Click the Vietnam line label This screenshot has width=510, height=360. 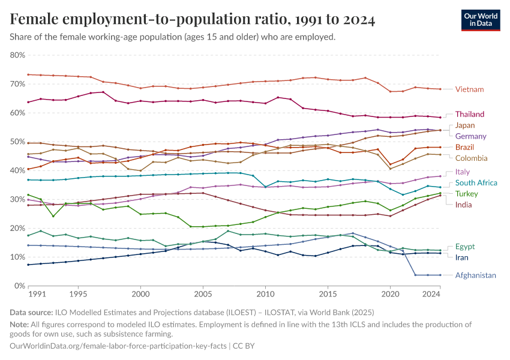(x=469, y=89)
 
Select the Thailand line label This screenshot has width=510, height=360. (x=470, y=114)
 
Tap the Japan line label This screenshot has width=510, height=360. (x=465, y=125)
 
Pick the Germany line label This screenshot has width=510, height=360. (x=470, y=136)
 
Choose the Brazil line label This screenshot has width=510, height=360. (x=466, y=147)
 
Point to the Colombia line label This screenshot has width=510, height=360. (x=471, y=158)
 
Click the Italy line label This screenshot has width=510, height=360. (x=463, y=172)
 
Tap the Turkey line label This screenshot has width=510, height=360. (x=467, y=194)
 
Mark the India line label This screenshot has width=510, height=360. (x=464, y=205)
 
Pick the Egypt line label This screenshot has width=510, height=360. (x=465, y=247)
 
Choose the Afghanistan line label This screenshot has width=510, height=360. (x=476, y=275)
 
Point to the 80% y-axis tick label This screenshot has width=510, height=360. (x=17, y=55)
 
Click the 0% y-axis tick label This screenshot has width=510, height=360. (x=20, y=286)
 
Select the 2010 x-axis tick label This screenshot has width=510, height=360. (x=265, y=295)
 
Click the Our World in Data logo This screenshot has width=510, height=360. (x=481, y=20)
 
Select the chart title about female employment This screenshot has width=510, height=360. (x=193, y=20)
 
